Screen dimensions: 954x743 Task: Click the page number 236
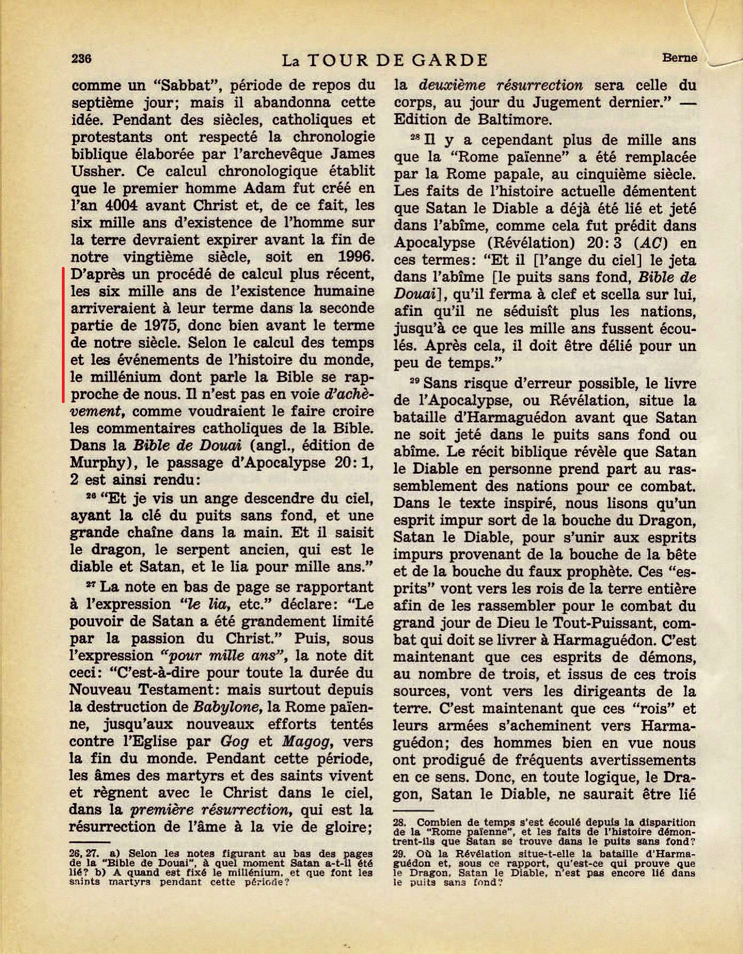[x=83, y=58]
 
